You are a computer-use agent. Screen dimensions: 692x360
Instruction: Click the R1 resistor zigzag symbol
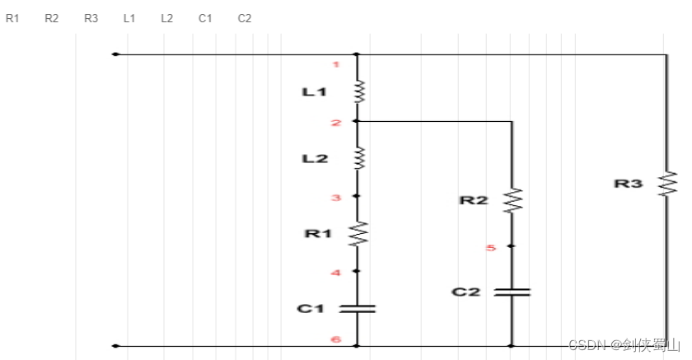pos(358,234)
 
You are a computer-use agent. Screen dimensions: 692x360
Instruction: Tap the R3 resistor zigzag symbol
pos(666,183)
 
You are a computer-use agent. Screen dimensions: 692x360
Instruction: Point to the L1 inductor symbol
pos(358,91)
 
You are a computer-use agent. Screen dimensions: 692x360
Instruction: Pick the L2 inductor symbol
pos(358,157)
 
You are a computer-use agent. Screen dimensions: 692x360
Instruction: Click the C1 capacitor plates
pos(358,308)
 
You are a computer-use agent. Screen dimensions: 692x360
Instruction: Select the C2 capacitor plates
pos(512,292)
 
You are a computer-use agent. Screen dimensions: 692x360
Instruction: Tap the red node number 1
pos(336,64)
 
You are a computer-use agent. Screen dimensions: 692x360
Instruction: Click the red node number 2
pos(336,124)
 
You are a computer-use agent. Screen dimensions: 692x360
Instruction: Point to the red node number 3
pos(336,198)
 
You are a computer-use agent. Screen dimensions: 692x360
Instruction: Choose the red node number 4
pos(336,273)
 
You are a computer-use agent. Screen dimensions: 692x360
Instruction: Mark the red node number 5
pos(491,247)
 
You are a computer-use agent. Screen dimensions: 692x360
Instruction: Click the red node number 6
pos(336,339)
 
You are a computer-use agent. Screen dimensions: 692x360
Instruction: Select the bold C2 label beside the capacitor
pos(465,292)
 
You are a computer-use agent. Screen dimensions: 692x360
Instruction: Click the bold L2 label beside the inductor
pos(315,157)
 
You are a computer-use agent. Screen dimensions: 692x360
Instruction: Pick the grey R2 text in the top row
pos(52,18)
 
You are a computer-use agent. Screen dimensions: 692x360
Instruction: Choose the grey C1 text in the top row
pos(205,18)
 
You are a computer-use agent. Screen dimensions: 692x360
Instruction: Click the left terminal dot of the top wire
pos(115,54)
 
